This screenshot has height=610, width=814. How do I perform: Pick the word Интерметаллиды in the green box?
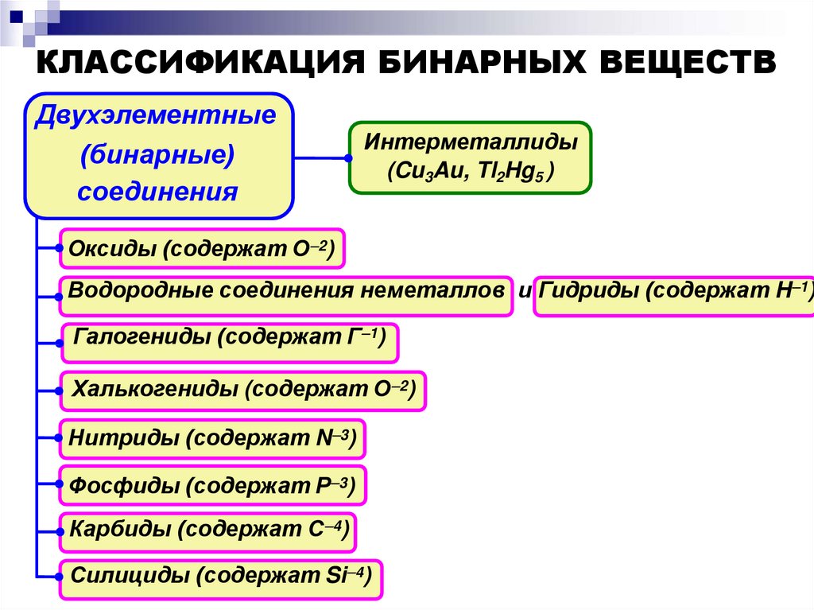coord(471,144)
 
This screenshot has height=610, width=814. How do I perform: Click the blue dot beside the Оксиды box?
coord(60,249)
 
